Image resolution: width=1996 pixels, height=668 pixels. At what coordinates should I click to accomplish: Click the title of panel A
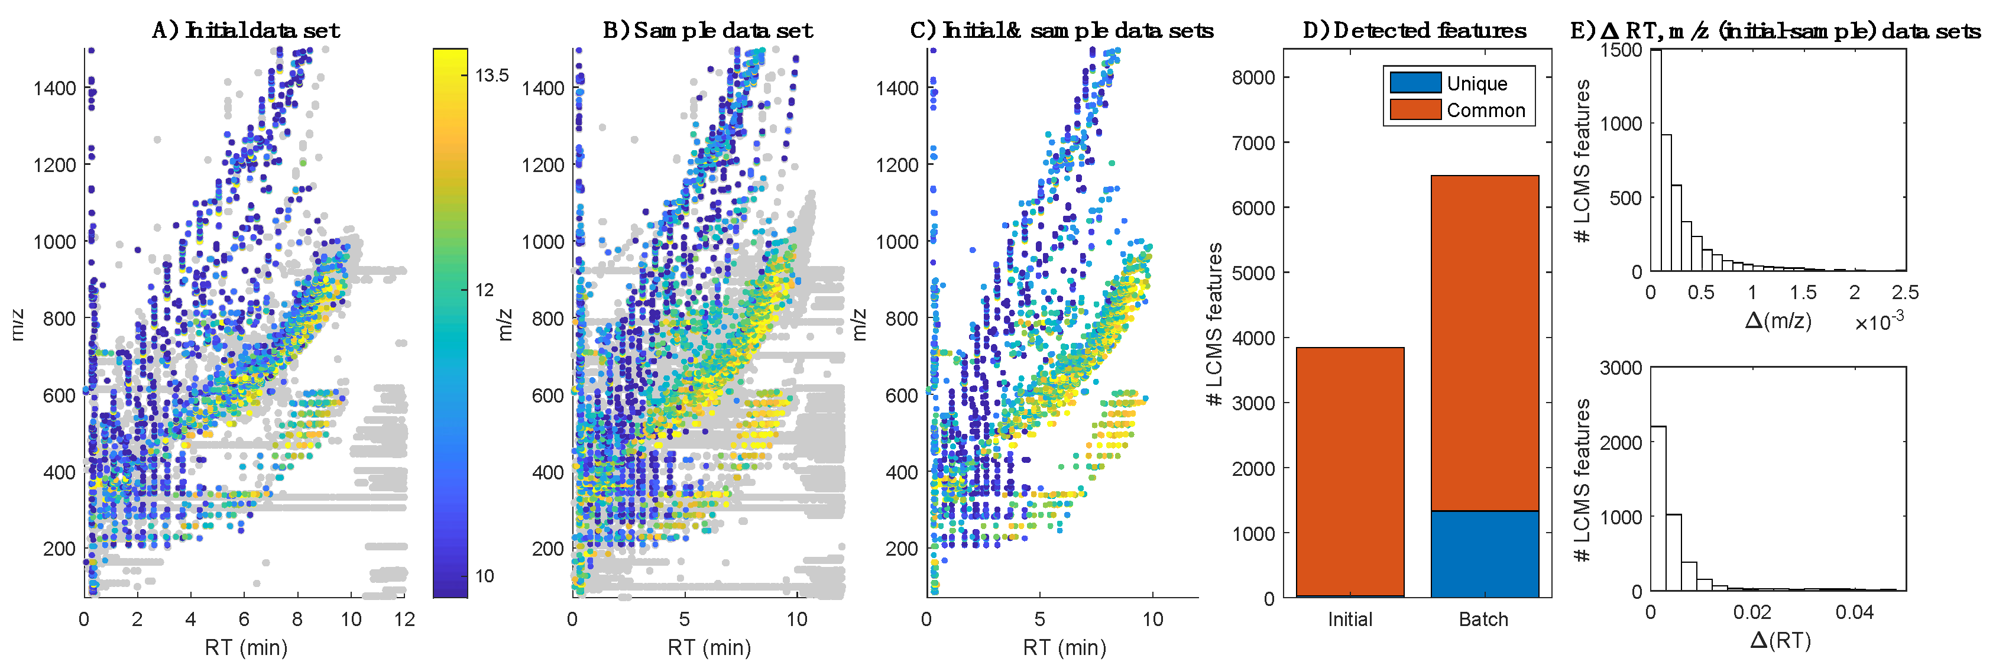coord(245,30)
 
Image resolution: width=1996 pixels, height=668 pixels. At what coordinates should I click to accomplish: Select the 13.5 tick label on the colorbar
coord(492,75)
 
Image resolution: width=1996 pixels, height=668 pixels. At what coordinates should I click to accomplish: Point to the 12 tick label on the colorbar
coord(484,290)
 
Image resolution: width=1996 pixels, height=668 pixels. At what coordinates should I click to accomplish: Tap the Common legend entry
coord(1485,110)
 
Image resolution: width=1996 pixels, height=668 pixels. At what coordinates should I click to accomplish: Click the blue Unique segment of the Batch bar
coord(1484,553)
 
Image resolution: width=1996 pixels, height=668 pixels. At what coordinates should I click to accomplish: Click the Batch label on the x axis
coord(1483,619)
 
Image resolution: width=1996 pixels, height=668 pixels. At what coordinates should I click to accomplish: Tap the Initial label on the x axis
coord(1349,619)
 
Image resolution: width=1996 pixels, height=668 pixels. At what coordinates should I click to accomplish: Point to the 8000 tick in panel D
coord(1253,77)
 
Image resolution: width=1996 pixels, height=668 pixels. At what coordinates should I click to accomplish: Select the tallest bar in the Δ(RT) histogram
coord(1657,508)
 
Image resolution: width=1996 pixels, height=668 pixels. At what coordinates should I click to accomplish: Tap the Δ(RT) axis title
coord(1780,641)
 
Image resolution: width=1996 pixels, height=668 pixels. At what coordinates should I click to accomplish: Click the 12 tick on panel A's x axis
coord(404,619)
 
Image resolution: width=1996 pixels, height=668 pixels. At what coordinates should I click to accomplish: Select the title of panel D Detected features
coord(1415,30)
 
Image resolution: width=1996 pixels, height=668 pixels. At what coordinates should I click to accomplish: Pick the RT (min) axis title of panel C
coord(1064,647)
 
